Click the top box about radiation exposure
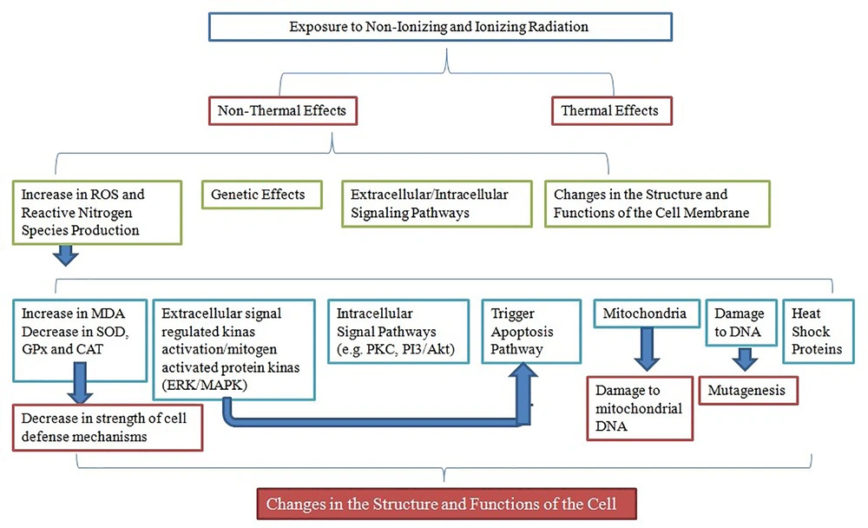440,27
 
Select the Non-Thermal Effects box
283,111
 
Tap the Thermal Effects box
612,111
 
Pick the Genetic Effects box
262,195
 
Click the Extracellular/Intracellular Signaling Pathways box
437,204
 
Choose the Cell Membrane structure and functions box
657,204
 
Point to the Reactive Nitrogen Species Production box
97,212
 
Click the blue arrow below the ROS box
66,255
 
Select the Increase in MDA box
80,340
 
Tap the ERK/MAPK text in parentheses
204,385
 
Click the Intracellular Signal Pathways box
398,332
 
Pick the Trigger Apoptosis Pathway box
531,332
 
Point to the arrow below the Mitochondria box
647,349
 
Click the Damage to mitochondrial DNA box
640,408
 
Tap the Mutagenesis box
748,391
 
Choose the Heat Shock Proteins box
819,332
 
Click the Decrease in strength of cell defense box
108,427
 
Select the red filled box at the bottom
447,504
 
